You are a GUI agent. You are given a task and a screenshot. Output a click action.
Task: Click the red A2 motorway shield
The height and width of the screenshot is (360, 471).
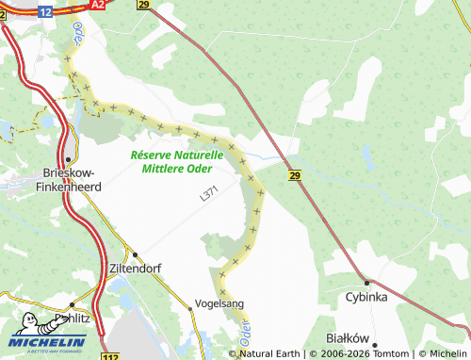point(98,5)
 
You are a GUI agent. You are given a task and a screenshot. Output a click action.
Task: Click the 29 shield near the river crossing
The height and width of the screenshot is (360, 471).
point(294,175)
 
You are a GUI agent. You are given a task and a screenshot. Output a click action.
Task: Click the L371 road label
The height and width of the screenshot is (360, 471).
point(214,192)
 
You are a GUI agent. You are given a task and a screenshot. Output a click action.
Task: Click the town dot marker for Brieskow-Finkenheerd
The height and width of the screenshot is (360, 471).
point(70,158)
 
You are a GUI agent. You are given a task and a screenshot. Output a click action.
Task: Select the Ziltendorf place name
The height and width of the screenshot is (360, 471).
point(136,268)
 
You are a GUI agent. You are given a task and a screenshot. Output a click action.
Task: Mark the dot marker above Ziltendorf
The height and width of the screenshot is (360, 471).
point(135,254)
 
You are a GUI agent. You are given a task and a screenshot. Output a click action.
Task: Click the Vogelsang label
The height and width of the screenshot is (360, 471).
point(218,304)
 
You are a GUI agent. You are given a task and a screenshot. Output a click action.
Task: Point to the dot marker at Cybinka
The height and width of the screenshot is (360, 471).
point(367,281)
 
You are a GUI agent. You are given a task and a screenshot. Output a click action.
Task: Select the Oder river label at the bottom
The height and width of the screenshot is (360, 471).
point(248,332)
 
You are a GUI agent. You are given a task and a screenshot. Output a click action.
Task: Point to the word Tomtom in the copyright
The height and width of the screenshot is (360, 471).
point(382,353)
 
